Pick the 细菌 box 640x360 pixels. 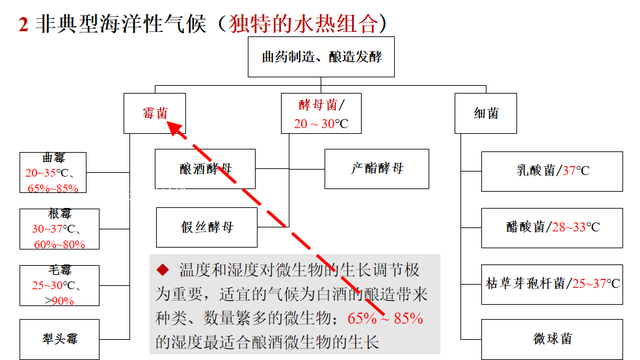click(486, 113)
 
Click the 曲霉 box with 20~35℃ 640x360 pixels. click(53, 173)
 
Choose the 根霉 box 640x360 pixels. click(53, 231)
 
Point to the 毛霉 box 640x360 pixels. click(53, 286)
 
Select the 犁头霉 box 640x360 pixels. click(53, 338)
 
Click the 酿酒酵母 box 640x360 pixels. click(208, 168)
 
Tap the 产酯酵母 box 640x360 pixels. click(377, 168)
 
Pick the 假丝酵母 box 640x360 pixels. click(208, 225)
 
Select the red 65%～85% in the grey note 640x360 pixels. click(384, 319)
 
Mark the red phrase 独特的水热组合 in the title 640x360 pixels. click(305, 21)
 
